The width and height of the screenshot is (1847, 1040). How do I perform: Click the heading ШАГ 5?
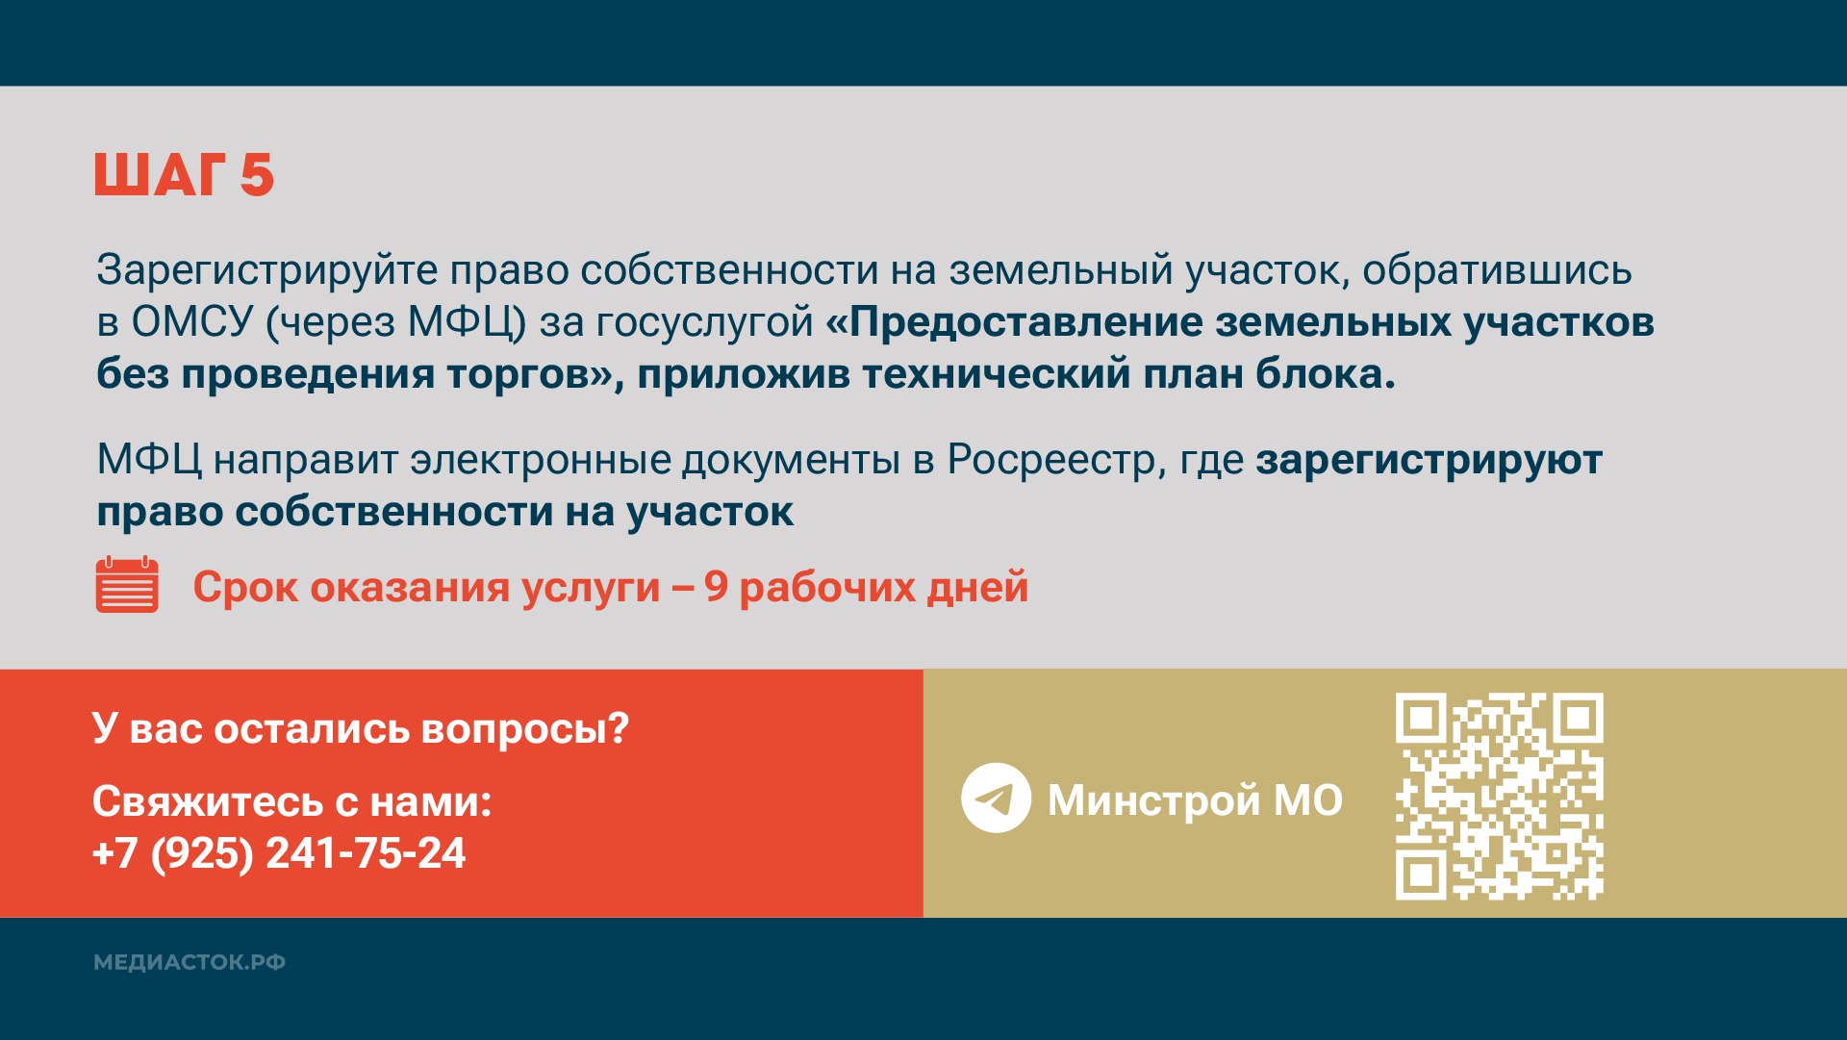click(185, 175)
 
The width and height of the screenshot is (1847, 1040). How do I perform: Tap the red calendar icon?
click(127, 585)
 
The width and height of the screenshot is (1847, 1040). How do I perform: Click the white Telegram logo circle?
click(996, 798)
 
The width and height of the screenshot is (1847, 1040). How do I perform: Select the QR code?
click(1500, 797)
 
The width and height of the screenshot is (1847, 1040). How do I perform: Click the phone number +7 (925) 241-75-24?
click(279, 853)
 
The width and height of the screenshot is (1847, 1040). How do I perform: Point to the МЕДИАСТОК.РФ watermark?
click(190, 962)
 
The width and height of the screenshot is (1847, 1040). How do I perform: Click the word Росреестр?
click(1050, 460)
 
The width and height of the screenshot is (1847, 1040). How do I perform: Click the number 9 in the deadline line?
click(716, 587)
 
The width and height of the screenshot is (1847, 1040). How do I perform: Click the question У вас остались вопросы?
click(361, 728)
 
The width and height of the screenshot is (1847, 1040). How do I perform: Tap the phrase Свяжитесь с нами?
click(292, 801)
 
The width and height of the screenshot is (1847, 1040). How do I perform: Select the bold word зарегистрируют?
click(1430, 460)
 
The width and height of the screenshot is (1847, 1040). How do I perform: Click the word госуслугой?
click(705, 322)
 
